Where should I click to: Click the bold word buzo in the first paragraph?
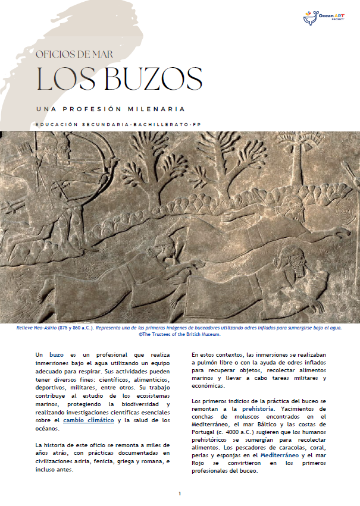57,354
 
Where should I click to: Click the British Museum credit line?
180,335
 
